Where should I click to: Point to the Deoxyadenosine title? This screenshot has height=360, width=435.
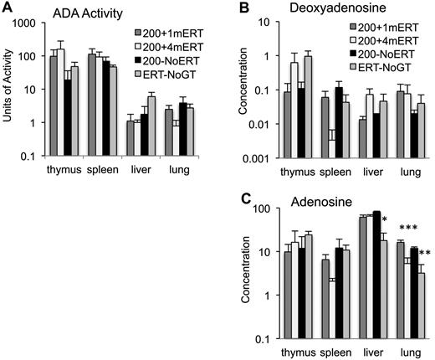click(295, 10)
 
